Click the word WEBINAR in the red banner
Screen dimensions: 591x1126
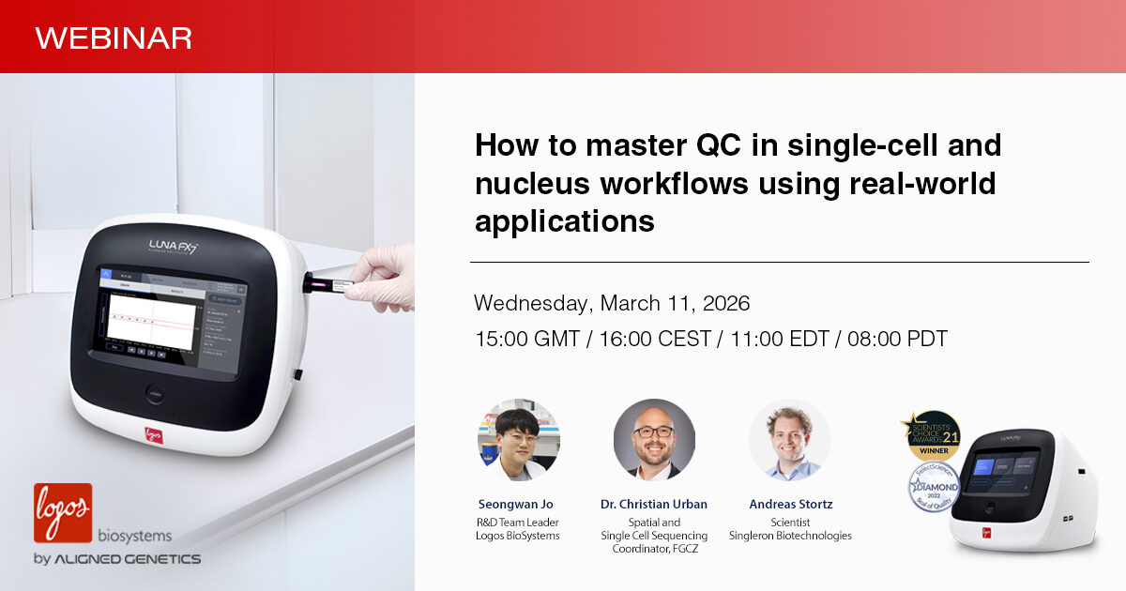114,38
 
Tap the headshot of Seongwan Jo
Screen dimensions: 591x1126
518,440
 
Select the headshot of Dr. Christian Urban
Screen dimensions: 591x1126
654,440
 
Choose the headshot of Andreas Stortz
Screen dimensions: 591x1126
790,440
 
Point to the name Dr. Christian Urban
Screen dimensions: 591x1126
654,505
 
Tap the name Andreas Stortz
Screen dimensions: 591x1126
790,505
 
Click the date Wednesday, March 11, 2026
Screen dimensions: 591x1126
612,304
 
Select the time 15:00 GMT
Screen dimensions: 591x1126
526,339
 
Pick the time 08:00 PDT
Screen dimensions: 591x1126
897,339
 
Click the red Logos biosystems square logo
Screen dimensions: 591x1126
63,512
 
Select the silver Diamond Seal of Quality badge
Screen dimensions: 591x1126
933,487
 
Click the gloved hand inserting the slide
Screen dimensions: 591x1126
382,279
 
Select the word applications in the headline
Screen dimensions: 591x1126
564,221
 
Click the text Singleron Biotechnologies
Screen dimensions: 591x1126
790,536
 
